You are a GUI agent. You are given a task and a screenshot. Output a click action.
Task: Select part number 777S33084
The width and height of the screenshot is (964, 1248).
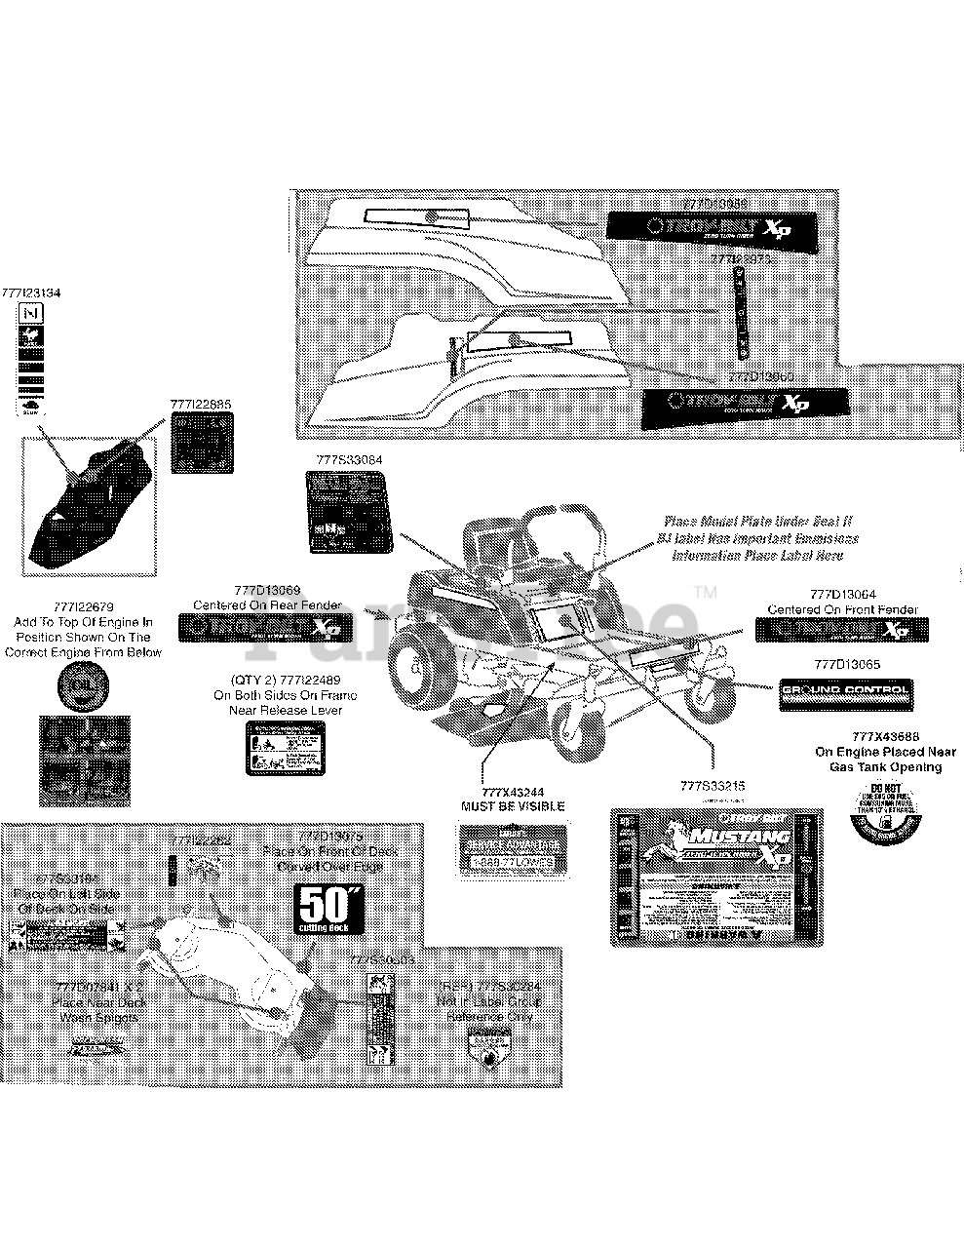click(349, 459)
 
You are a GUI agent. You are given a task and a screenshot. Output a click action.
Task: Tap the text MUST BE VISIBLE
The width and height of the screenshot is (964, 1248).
click(512, 807)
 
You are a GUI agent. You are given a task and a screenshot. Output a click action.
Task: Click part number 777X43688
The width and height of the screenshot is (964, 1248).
click(885, 737)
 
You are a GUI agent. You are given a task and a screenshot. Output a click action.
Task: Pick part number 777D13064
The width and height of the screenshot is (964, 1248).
click(842, 594)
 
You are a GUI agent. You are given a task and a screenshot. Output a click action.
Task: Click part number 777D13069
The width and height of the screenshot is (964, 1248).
click(267, 590)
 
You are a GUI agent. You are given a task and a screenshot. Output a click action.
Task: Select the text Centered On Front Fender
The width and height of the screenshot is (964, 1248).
click(842, 609)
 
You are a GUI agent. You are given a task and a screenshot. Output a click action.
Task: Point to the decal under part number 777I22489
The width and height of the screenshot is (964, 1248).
click(286, 750)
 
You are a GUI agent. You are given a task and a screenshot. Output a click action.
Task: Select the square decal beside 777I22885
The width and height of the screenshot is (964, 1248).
click(202, 443)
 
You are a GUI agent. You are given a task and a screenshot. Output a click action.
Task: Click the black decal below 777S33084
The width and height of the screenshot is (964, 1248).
click(349, 512)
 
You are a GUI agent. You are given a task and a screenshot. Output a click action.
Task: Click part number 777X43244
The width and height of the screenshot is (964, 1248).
click(512, 792)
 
